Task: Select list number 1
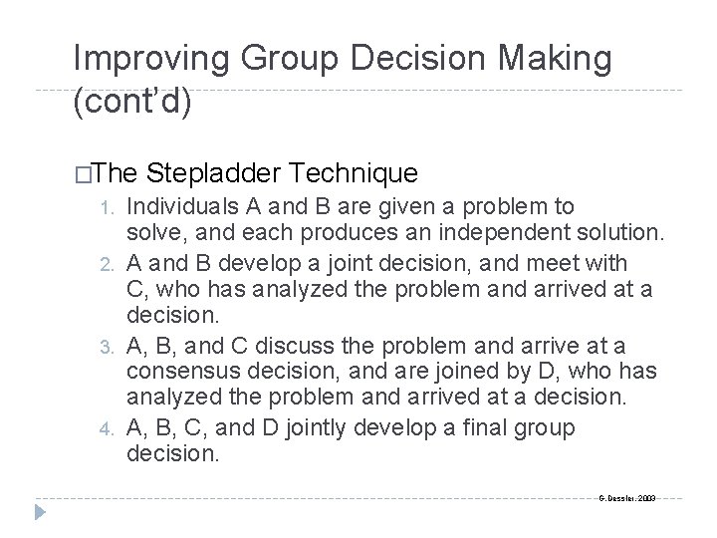point(112,208)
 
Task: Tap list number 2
point(112,263)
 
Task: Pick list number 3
point(112,345)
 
